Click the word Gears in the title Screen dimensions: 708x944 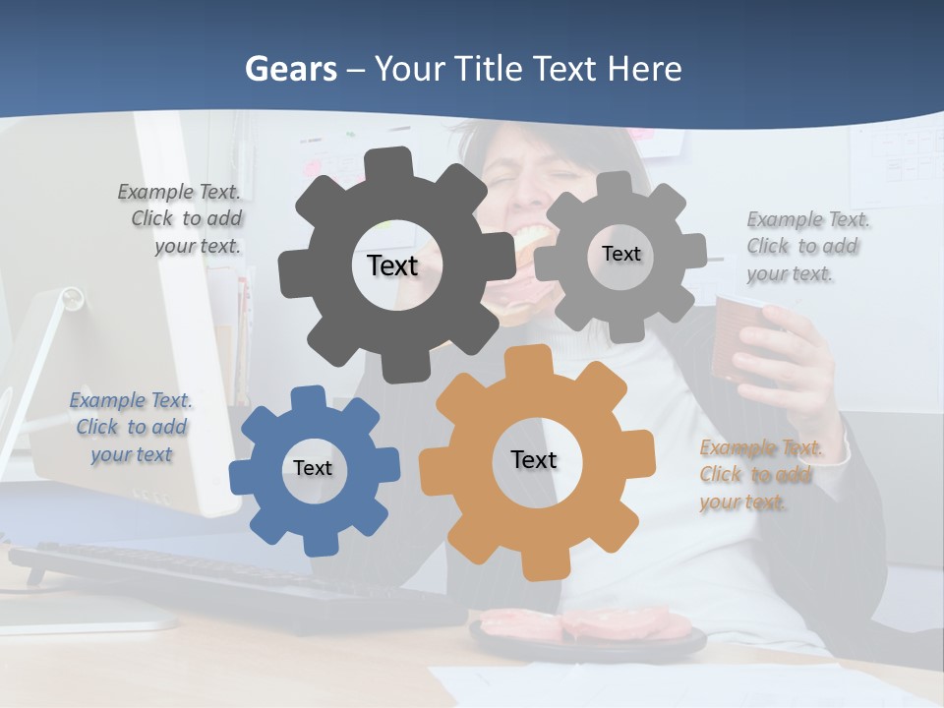pyautogui.click(x=290, y=69)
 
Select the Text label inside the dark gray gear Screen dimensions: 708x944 pyautogui.click(x=392, y=265)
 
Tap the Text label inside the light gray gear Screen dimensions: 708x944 pyautogui.click(x=620, y=254)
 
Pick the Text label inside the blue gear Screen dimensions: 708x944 pyautogui.click(x=313, y=468)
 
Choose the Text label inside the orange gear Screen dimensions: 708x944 pyautogui.click(x=534, y=459)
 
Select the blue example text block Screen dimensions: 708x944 pyautogui.click(x=131, y=427)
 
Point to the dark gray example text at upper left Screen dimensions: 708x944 pyautogui.click(x=182, y=218)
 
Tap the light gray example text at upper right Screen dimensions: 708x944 pyautogui.click(x=806, y=246)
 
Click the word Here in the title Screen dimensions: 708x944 pyautogui.click(x=644, y=69)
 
